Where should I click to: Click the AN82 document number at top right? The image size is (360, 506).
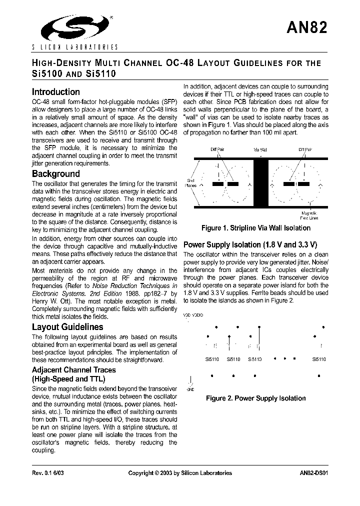(x=307, y=27)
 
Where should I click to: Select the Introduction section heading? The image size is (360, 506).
(x=55, y=92)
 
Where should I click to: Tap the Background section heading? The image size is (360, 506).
(x=55, y=174)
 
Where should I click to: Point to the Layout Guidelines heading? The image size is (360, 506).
(x=67, y=327)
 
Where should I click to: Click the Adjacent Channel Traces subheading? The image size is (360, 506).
(x=73, y=370)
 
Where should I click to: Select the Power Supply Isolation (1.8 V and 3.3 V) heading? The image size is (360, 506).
(x=250, y=245)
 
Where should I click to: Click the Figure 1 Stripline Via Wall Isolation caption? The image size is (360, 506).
(x=255, y=228)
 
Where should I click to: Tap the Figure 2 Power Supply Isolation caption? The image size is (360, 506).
(x=255, y=398)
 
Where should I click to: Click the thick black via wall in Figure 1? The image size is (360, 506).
(x=260, y=183)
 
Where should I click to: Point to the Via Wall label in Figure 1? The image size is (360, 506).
(x=260, y=149)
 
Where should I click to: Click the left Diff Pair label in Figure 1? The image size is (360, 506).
(x=217, y=149)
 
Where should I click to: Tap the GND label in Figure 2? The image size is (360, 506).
(x=189, y=388)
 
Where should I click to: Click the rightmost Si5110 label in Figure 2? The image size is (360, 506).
(x=318, y=359)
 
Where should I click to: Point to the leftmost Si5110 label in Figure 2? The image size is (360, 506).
(x=212, y=359)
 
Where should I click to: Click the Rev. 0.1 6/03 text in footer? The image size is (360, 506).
(x=48, y=473)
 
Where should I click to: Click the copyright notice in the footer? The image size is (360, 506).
(x=180, y=473)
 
